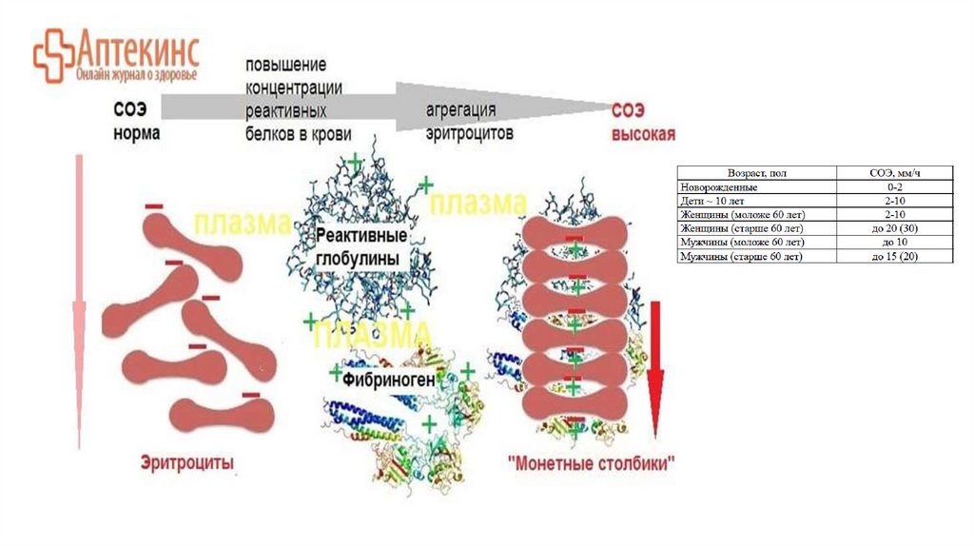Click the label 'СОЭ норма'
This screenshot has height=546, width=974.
coord(136,124)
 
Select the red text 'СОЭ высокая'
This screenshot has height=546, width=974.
coord(642,124)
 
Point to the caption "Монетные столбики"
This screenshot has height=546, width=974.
coord(592,465)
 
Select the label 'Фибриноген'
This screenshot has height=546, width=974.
coord(390,380)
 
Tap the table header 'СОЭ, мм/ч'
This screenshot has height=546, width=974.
coord(893,174)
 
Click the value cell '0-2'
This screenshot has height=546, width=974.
coord(893,187)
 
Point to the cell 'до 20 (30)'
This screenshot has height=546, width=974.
coord(893,229)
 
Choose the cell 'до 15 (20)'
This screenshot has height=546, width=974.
coord(893,257)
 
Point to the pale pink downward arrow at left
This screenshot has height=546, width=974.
coord(80,304)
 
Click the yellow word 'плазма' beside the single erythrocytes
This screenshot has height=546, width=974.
coord(242,224)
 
